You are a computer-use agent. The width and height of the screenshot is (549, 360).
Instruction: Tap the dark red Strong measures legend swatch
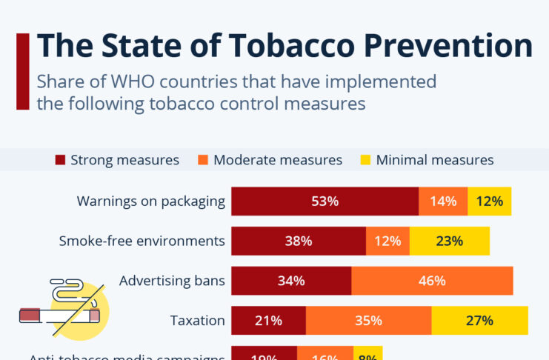pos(61,160)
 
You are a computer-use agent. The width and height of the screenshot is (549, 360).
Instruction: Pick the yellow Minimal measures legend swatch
pos(366,160)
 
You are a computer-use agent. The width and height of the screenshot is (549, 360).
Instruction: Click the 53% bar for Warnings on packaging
pos(325,201)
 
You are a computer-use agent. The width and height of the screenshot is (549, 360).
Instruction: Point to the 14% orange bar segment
pos(443,201)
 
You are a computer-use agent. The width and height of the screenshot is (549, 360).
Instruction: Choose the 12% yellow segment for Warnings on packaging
pos(490,201)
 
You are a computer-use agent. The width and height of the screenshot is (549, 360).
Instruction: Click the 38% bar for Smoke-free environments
pos(299,241)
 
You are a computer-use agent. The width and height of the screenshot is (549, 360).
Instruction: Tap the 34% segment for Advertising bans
pos(291,281)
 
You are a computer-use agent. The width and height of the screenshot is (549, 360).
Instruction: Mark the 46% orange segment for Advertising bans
pos(432,281)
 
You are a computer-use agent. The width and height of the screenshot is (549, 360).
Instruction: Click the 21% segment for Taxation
pos(268,321)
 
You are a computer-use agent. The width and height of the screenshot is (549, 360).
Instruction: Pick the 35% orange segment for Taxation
pos(368,321)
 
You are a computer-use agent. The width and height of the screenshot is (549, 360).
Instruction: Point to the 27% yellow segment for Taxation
pos(479,321)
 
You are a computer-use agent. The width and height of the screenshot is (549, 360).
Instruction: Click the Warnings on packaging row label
pos(150,201)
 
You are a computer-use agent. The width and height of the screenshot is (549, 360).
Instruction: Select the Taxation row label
pos(197,321)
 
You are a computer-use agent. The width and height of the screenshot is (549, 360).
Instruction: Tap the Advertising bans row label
pos(172,281)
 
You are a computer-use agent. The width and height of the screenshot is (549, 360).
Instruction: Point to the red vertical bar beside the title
pos(22,71)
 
